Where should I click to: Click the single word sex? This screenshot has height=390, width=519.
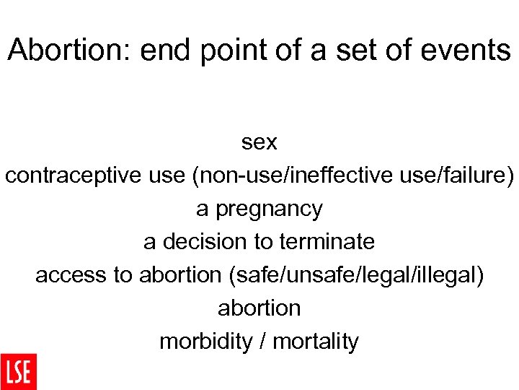tap(259, 142)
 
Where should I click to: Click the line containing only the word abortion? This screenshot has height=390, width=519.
tap(259, 308)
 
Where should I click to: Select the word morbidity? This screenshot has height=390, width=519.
tap(203, 341)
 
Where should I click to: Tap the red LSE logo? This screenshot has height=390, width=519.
tap(18, 371)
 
